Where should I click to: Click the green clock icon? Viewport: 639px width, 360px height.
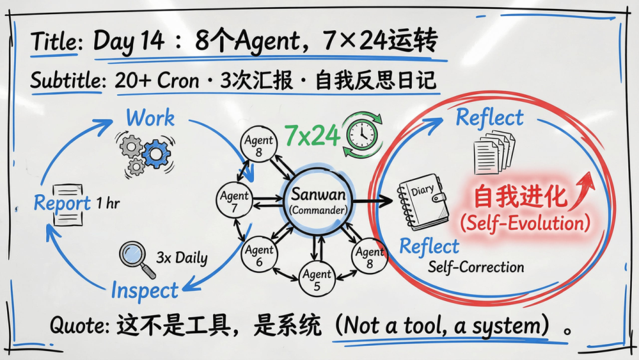[x=360, y=135]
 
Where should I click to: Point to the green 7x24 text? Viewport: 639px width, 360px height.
[x=312, y=136]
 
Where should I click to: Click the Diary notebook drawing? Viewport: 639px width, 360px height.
[x=421, y=201]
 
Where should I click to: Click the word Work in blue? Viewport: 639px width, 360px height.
[x=150, y=118]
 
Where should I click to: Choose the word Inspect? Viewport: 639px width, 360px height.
[x=144, y=291]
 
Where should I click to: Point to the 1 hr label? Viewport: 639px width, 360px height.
[x=108, y=204]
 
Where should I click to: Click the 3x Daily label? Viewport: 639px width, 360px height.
[x=182, y=258]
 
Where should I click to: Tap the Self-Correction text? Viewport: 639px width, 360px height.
[x=476, y=267]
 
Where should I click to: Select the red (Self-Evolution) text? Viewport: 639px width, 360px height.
[x=525, y=223]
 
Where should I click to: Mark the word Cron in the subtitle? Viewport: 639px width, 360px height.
[x=177, y=81]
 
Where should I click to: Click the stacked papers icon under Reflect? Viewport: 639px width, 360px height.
[x=493, y=153]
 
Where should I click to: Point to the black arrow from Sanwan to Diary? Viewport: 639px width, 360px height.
[x=370, y=202]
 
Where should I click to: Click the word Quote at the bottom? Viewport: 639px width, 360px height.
[x=79, y=325]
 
